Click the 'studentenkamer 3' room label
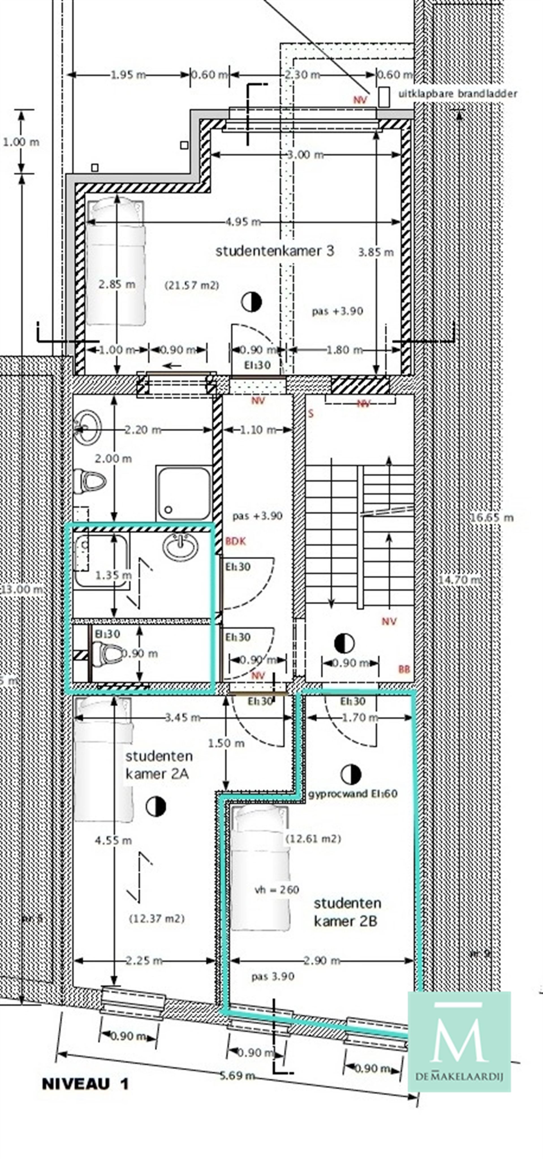tap(275, 251)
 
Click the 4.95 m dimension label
tap(243, 222)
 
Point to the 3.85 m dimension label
tap(376, 252)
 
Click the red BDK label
tap(236, 541)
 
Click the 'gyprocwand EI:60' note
tap(353, 794)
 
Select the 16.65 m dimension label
tap(492, 517)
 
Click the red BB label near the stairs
tap(404, 670)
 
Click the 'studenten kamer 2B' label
tap(347, 912)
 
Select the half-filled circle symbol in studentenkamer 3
tap(251, 302)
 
